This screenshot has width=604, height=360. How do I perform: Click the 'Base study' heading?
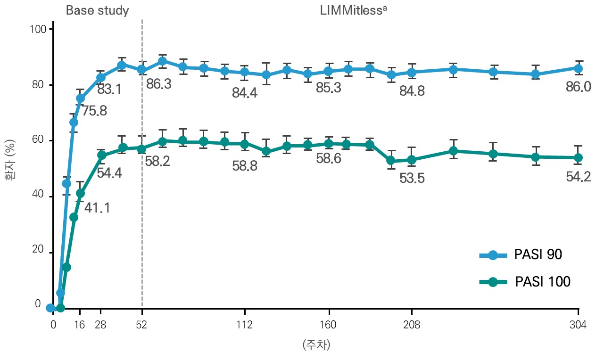97,11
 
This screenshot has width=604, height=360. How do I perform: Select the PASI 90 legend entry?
521,255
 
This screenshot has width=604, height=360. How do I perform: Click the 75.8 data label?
94,111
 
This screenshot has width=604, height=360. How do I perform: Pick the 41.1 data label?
97,207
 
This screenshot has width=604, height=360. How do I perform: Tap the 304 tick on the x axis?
578,325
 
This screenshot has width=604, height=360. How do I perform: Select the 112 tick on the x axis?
245,325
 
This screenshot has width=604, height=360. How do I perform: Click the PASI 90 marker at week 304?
578,68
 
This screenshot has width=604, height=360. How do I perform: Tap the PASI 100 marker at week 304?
578,157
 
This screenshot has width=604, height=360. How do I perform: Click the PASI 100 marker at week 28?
101,155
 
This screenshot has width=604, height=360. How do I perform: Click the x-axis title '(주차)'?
316,345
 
